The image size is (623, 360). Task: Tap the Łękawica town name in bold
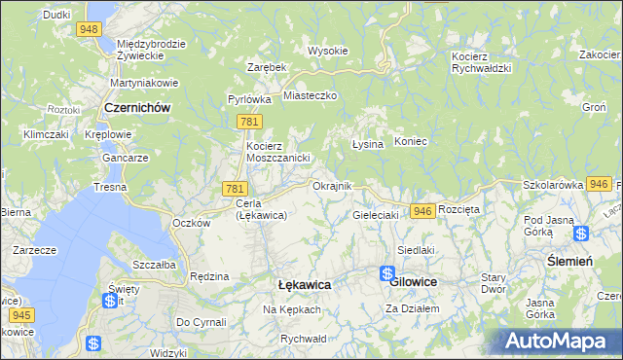tap(304, 284)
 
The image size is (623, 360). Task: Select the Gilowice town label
tap(413, 281)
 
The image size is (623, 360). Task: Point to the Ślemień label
tap(569, 260)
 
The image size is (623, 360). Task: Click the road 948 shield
tap(90, 29)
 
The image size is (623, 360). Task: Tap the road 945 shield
tap(18, 315)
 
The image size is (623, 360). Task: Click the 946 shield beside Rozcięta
tap(421, 210)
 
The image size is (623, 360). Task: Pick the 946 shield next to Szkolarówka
tap(600, 184)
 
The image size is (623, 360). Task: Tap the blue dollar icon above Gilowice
tap(386, 274)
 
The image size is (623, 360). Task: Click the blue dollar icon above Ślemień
tap(581, 234)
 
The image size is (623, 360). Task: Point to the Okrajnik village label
tap(331, 185)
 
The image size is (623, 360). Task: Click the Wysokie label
tap(327, 51)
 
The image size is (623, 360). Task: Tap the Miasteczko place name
tap(310, 95)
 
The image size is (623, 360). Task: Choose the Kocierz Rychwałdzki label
tap(482, 62)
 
